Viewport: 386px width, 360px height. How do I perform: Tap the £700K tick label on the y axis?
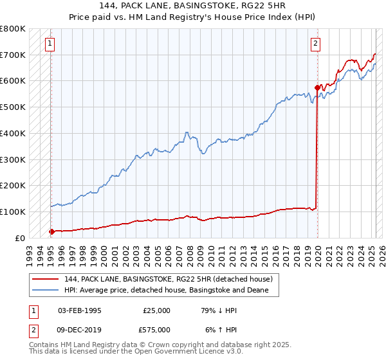13,55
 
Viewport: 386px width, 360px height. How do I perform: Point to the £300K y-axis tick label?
13,159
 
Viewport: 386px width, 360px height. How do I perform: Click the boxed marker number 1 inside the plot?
50,44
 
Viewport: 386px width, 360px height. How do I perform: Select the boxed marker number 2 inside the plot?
316,44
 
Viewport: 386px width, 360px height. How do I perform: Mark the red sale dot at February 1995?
51,231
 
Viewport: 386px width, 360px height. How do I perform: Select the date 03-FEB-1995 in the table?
79,310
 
